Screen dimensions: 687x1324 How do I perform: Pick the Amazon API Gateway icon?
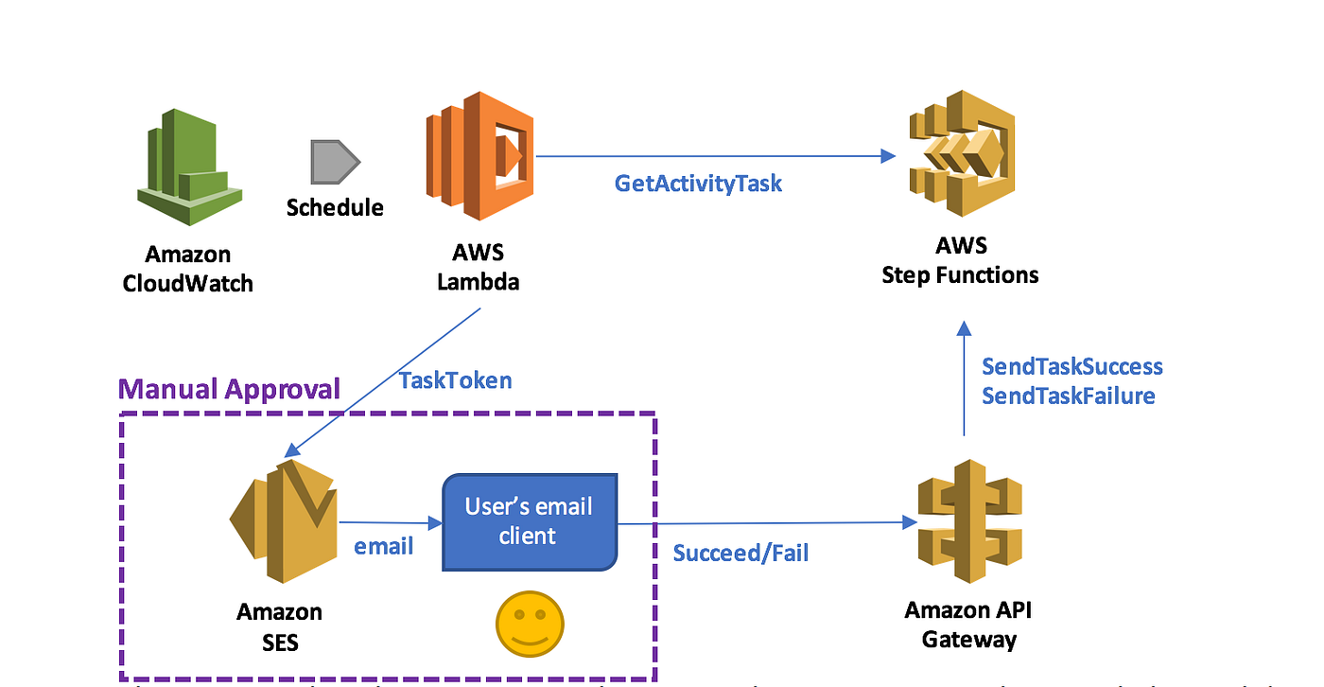tap(969, 524)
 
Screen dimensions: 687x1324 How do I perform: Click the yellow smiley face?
tap(530, 625)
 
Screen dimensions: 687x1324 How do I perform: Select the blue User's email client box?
tap(530, 521)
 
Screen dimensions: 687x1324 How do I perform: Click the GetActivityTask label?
tap(698, 184)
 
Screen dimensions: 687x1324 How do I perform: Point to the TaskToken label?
tap(455, 380)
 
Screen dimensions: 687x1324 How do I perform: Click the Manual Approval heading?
tap(229, 389)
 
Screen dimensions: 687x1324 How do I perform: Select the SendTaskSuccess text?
tap(1071, 366)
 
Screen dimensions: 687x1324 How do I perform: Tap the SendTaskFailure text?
tap(1068, 396)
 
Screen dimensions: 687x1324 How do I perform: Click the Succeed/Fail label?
tap(740, 553)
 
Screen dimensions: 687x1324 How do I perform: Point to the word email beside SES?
tap(383, 547)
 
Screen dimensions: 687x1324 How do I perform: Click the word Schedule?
tap(335, 207)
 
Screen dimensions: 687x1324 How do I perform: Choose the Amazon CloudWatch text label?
tap(188, 269)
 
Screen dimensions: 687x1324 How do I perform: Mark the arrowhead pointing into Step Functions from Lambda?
tap(887, 156)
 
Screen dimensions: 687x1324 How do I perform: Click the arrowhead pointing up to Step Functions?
tap(964, 328)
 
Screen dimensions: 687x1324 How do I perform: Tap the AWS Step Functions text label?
tap(960, 261)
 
